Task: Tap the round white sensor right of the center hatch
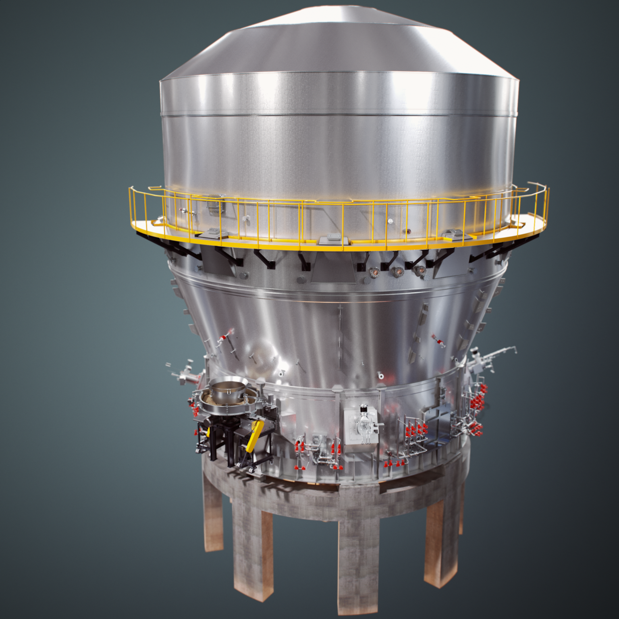pyautogui.click(x=390, y=221)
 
